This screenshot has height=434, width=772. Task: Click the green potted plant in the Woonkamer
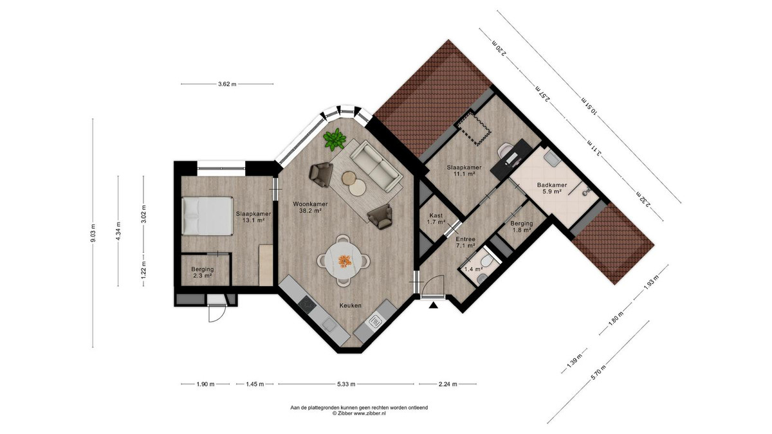(335, 140)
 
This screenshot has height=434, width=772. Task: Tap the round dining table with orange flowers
(344, 260)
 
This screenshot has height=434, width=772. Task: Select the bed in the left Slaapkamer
(207, 216)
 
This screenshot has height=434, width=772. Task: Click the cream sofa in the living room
(376, 167)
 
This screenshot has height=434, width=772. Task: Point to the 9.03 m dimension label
(93, 233)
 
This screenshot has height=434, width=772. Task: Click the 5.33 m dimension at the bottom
(346, 384)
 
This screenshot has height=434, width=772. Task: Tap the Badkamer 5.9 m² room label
(552, 188)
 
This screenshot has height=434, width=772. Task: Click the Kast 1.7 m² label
(436, 219)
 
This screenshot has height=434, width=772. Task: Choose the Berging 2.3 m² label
(202, 272)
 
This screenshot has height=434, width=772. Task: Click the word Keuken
(351, 305)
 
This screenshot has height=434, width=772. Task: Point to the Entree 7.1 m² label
(466, 242)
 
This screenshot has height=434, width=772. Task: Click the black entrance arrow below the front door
(434, 305)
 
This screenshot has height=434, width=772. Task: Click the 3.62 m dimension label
(227, 84)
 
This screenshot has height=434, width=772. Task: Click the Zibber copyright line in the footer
(359, 413)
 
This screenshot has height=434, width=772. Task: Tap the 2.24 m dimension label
(448, 384)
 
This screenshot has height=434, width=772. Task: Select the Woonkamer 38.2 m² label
(310, 207)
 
